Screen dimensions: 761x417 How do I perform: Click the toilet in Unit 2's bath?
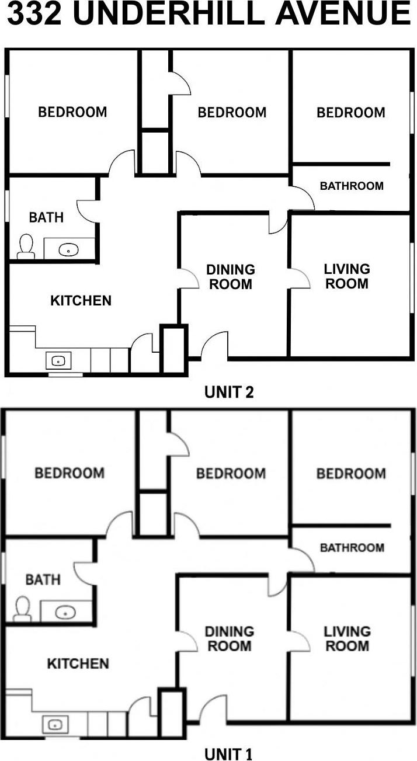[x=26, y=246]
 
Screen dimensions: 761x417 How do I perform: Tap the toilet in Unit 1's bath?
[x=23, y=609]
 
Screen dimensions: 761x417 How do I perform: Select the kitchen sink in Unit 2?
[x=58, y=361]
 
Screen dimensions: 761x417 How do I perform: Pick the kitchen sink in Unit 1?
[x=55, y=725]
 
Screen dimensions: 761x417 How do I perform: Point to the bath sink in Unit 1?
[x=65, y=613]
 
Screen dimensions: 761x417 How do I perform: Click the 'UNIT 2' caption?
[x=229, y=392]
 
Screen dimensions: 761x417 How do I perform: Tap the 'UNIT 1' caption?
[x=228, y=754]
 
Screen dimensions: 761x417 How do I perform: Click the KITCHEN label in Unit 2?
[x=81, y=301]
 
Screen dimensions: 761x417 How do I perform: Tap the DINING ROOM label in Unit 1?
[x=229, y=638]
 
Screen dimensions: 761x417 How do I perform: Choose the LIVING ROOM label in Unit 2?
[x=347, y=276]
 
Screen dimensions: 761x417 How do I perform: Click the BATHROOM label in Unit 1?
[x=352, y=548]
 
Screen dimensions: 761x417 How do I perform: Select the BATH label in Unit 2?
[x=46, y=217]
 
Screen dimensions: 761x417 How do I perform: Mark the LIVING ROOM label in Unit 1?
[x=347, y=638]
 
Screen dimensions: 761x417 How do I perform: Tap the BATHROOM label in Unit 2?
[x=352, y=186]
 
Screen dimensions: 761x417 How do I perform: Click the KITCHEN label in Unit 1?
[x=78, y=663]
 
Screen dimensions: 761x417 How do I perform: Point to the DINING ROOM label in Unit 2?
[x=230, y=277]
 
